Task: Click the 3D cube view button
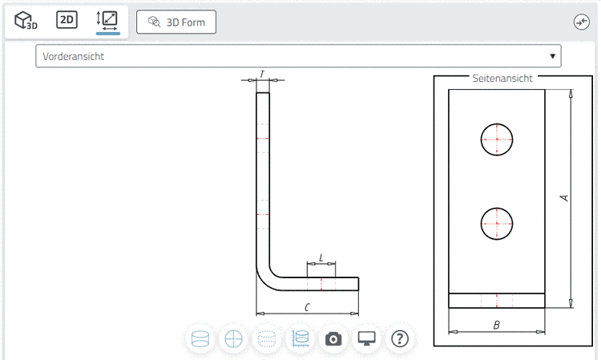[x=26, y=21]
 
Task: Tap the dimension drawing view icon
[x=107, y=21]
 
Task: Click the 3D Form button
[x=176, y=22]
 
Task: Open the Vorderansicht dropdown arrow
[x=552, y=56]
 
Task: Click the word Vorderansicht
[x=74, y=56]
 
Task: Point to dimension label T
[x=262, y=75]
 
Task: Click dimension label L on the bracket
[x=321, y=257]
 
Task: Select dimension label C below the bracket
[x=307, y=307]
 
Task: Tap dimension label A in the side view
[x=564, y=197]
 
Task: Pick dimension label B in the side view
[x=497, y=325]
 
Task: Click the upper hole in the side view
[x=497, y=139]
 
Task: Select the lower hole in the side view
[x=497, y=222]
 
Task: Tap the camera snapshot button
[x=333, y=338]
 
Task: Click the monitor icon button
[x=367, y=338]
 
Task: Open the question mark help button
[x=400, y=338]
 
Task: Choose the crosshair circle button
[x=233, y=338]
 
